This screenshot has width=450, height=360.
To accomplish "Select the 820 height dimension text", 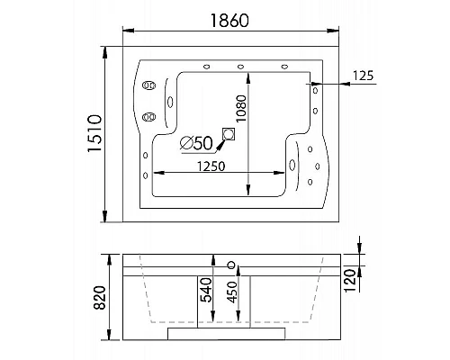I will click(x=101, y=295).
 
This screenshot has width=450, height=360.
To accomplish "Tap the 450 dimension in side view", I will click(x=234, y=295).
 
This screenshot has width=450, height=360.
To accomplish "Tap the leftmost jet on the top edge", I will click(x=207, y=66).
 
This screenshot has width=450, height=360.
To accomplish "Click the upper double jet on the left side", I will click(x=148, y=86).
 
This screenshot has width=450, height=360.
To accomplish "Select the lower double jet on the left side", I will click(x=148, y=116).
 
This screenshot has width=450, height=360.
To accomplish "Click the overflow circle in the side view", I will click(x=233, y=265).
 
